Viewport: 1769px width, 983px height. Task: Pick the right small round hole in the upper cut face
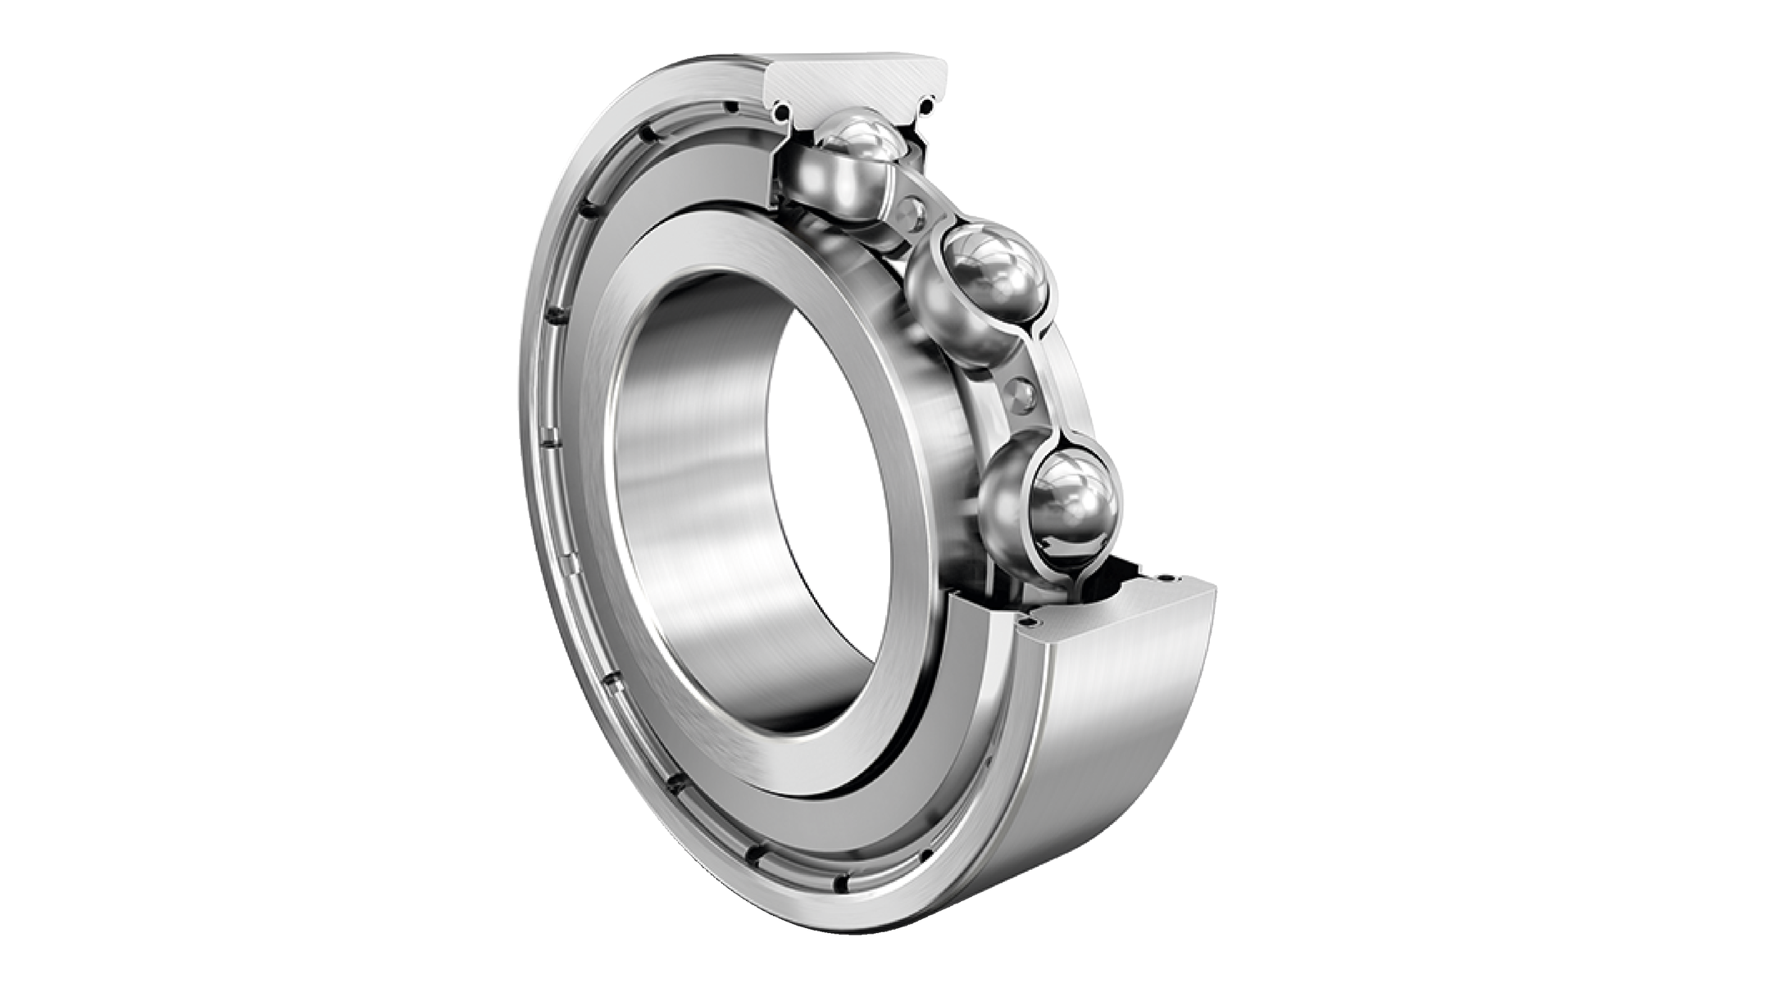tap(927, 104)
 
